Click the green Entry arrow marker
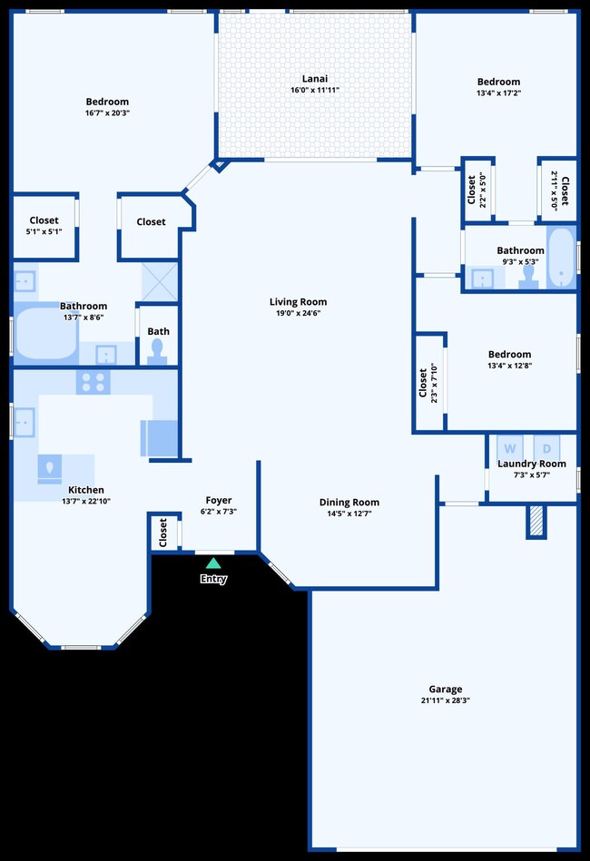tap(213, 563)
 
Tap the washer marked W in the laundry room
tap(510, 448)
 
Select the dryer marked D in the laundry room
tap(547, 448)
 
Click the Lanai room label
tap(315, 78)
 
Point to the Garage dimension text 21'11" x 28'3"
tap(445, 700)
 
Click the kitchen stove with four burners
tap(93, 382)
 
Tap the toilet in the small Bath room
tap(158, 349)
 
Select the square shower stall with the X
tap(158, 280)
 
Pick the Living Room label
tap(298, 302)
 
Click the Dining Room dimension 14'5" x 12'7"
tap(349, 514)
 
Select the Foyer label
tap(218, 500)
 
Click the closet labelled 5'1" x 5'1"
tap(44, 225)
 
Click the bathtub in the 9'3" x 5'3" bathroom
tap(560, 258)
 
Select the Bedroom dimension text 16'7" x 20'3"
tap(107, 113)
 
